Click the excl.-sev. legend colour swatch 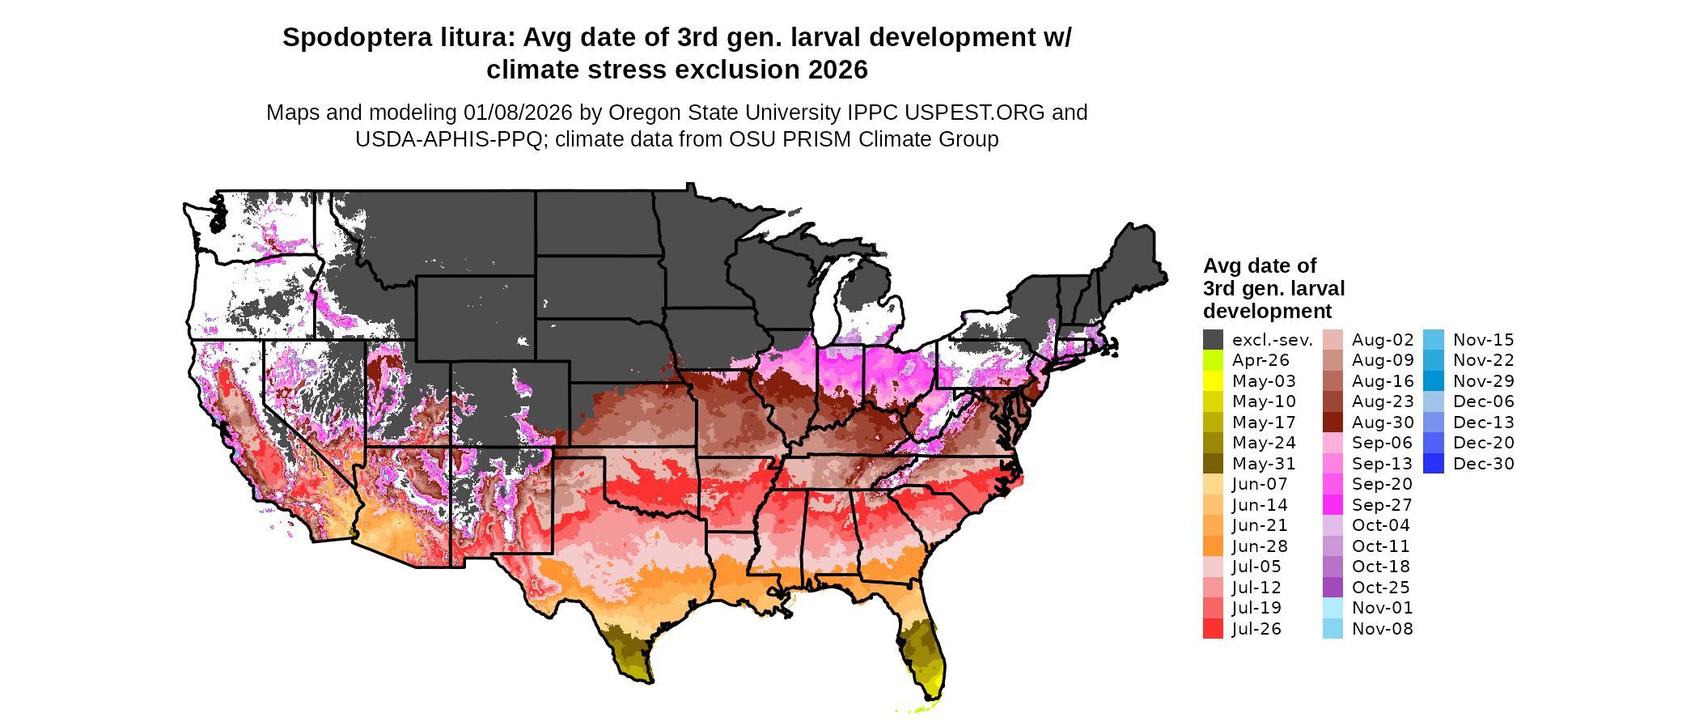(x=1213, y=340)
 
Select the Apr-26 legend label (x=1260, y=360)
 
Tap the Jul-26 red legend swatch (x=1213, y=629)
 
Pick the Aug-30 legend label (x=1383, y=423)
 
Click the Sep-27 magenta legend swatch (x=1333, y=505)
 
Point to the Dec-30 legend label (x=1483, y=464)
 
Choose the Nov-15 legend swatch (x=1434, y=340)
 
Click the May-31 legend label (x=1264, y=464)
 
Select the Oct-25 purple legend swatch (x=1333, y=588)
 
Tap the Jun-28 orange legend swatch (x=1213, y=546)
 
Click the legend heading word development (x=1267, y=312)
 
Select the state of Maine (x=1133, y=259)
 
